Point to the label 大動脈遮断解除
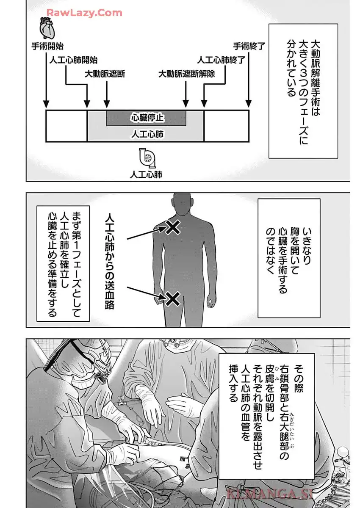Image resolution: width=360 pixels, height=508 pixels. tap(186, 73)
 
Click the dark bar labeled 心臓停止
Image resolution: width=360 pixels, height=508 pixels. tap(146, 118)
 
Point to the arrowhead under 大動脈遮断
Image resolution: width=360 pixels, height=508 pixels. tap(106, 104)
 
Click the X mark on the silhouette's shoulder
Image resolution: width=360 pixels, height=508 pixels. tap(173, 228)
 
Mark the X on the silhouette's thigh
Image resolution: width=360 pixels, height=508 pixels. tap(172, 299)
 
